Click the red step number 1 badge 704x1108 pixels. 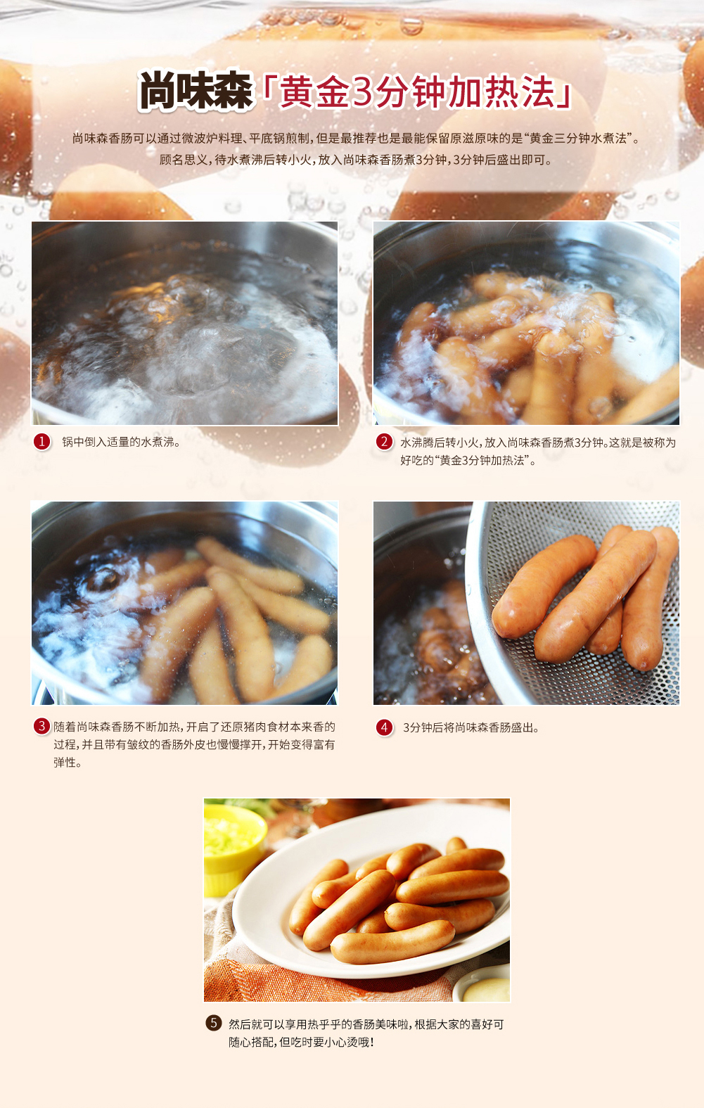tap(42, 442)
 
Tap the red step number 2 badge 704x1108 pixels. tap(384, 442)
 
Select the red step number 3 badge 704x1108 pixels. tap(41, 726)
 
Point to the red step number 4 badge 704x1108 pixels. tap(384, 727)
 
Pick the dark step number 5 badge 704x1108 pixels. tap(214, 1023)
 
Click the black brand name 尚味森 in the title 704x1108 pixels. tap(196, 91)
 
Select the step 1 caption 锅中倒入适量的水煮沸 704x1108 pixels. tap(121, 442)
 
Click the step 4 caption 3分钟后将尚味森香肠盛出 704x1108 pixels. tap(471, 727)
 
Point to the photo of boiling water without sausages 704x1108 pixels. tap(185, 323)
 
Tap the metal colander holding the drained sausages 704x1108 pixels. tap(573, 603)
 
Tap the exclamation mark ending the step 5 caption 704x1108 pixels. tap(372, 1042)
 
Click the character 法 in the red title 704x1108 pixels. tap(539, 91)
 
